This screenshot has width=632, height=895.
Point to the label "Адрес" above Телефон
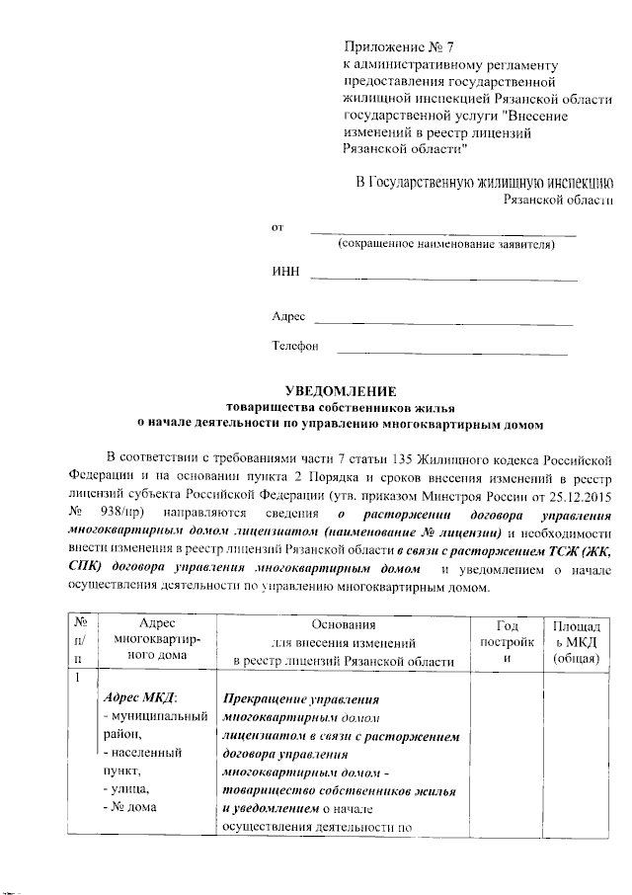tap(288, 317)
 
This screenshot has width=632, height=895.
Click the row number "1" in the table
tap(75, 678)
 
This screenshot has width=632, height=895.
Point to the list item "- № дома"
tap(134, 806)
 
